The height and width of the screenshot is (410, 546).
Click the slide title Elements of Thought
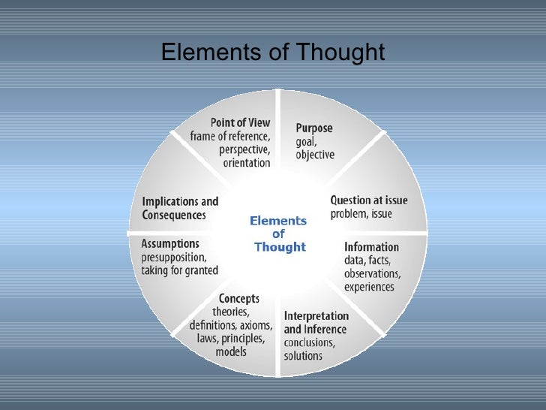[x=273, y=53]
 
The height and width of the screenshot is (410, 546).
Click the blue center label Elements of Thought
[x=279, y=234]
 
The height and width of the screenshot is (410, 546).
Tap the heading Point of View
[x=240, y=122]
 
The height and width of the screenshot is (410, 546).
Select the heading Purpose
[x=314, y=128]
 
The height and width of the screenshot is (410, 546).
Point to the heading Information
[x=371, y=246]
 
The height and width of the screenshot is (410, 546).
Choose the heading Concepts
[x=238, y=299]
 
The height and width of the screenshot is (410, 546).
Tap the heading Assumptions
[x=170, y=243]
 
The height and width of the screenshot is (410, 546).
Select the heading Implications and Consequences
[x=180, y=208]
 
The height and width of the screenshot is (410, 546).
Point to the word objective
[x=315, y=155]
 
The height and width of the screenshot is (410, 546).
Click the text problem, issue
[x=361, y=214]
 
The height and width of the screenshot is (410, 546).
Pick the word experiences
[x=369, y=287]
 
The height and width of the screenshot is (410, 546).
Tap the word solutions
[x=303, y=355]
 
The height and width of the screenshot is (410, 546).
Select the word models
[x=230, y=352]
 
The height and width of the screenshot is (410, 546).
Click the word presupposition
[x=178, y=257]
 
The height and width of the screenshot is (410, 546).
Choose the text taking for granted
[x=180, y=270]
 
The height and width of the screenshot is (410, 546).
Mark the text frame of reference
[x=229, y=136]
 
